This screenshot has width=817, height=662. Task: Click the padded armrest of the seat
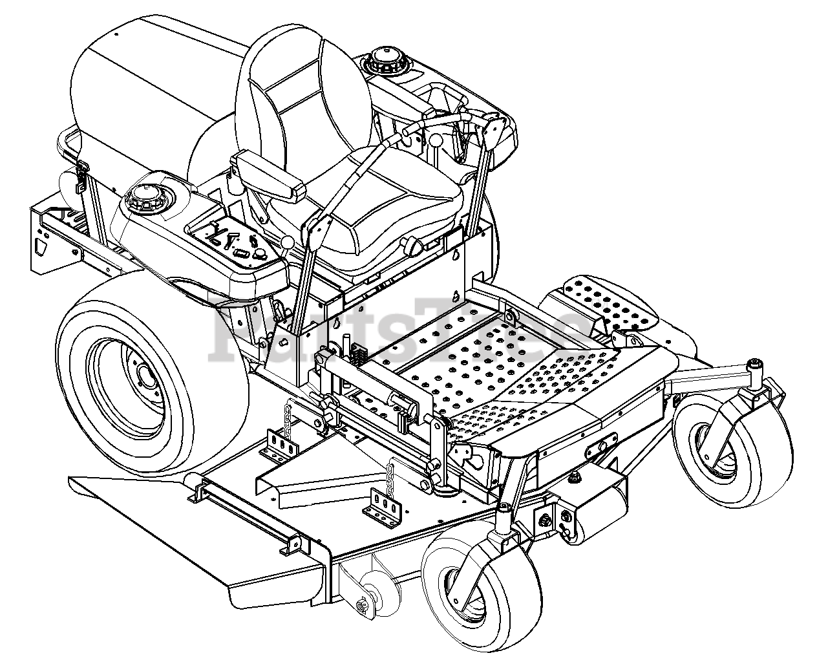(270, 176)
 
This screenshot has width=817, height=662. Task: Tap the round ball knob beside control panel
(287, 242)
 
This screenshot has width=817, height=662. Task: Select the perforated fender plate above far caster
(610, 303)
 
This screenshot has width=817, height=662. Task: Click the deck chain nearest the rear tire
(288, 418)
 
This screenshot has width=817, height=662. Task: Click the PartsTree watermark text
(399, 330)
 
